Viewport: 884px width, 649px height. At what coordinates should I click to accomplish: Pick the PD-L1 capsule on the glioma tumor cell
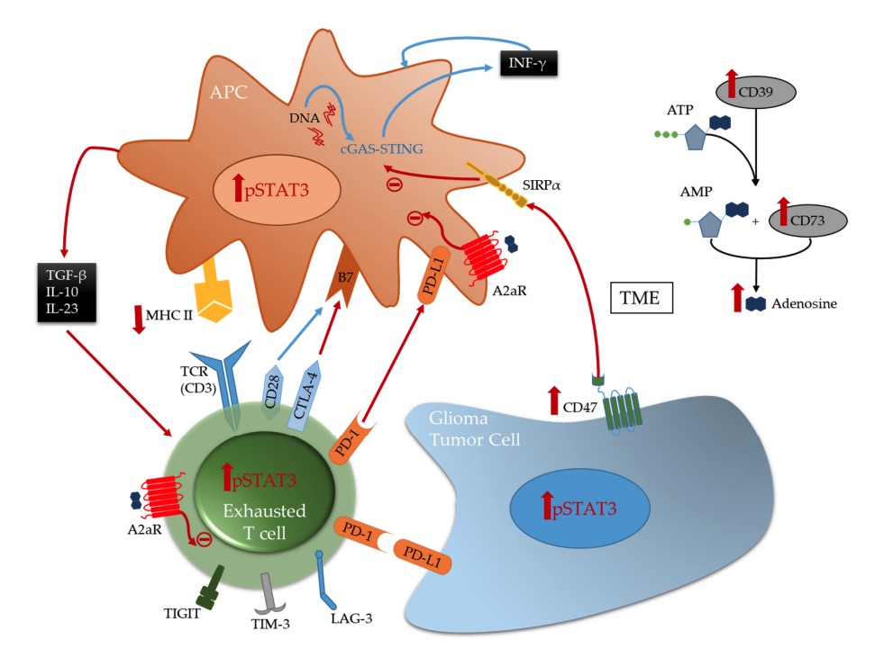tap(421, 558)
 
